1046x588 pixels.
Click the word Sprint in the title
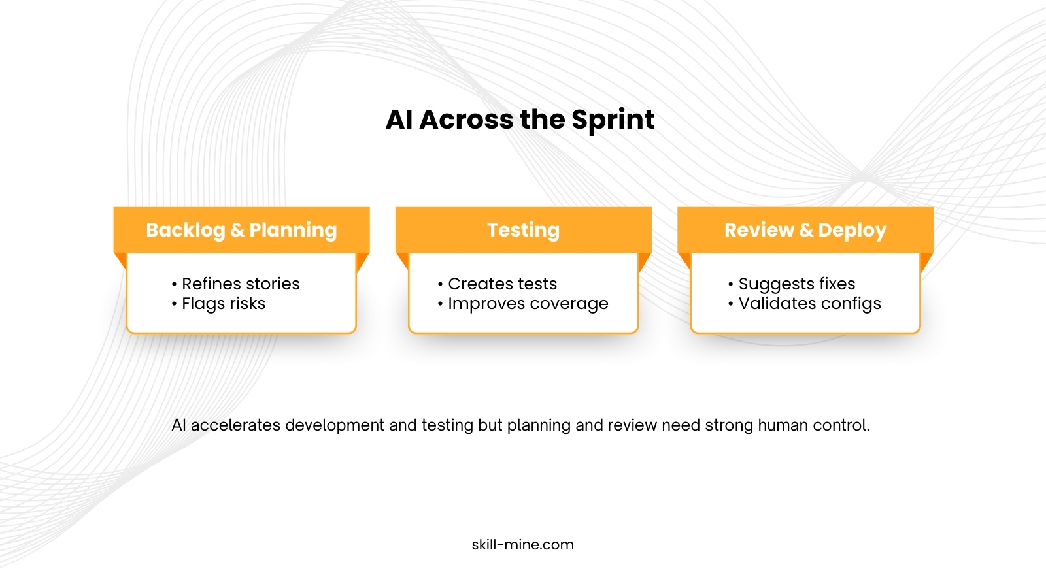pos(613,120)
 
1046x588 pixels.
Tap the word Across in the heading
pos(466,120)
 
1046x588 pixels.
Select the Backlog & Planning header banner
pos(241,230)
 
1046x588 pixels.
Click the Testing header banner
pos(524,230)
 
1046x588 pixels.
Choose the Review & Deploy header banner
pos(805,230)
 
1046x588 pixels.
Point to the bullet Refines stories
pos(236,284)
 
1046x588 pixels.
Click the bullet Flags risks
pos(218,304)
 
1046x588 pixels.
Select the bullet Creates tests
pos(498,284)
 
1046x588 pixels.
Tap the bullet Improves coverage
pos(523,304)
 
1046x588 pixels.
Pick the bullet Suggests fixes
pos(792,284)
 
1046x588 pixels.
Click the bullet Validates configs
pos(805,304)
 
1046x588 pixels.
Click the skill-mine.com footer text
pos(522,545)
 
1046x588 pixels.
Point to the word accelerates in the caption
pos(236,425)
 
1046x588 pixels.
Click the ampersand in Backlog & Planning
pos(237,230)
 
